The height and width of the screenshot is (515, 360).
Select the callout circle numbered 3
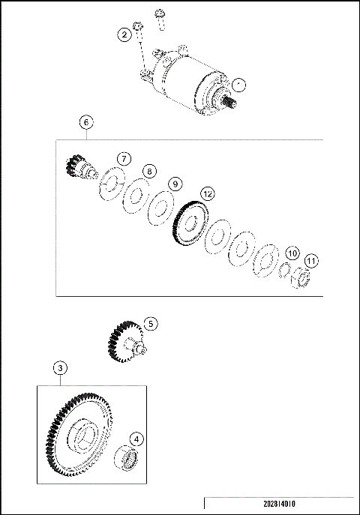pyautogui.click(x=61, y=368)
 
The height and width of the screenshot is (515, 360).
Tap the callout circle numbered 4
pyautogui.click(x=136, y=439)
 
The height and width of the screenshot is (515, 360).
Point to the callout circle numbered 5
pyautogui.click(x=151, y=324)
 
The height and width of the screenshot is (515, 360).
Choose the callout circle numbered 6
pyautogui.click(x=86, y=121)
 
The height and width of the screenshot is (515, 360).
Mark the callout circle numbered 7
pyautogui.click(x=124, y=158)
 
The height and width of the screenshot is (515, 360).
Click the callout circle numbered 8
pyautogui.click(x=150, y=172)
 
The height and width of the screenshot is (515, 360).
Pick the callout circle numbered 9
pyautogui.click(x=174, y=184)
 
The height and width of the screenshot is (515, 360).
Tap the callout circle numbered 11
pyautogui.click(x=311, y=261)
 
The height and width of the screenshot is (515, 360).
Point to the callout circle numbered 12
pyautogui.click(x=207, y=193)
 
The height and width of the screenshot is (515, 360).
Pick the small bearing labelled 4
pyautogui.click(x=128, y=460)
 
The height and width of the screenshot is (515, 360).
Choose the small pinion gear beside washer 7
pyautogui.click(x=77, y=168)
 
